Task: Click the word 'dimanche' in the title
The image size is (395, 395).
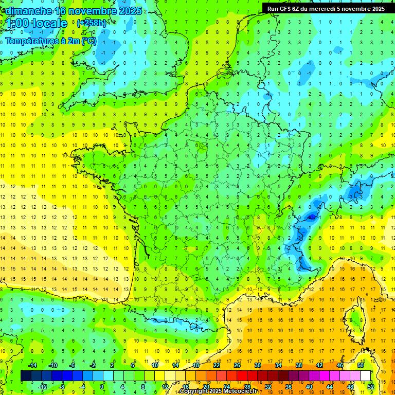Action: tap(29, 11)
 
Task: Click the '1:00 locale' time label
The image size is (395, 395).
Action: tap(37, 23)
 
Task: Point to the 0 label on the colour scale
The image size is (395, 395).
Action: tap(102, 386)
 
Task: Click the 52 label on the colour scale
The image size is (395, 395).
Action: tap(371, 386)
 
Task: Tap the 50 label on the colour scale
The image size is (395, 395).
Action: tap(360, 365)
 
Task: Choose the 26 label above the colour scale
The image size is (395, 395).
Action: tap(237, 365)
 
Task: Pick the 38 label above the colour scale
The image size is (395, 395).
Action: tap(298, 365)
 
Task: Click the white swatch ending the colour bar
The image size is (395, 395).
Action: tap(365, 375)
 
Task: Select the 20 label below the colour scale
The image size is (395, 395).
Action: tap(206, 386)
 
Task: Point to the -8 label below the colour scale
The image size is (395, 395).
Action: tap(62, 386)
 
